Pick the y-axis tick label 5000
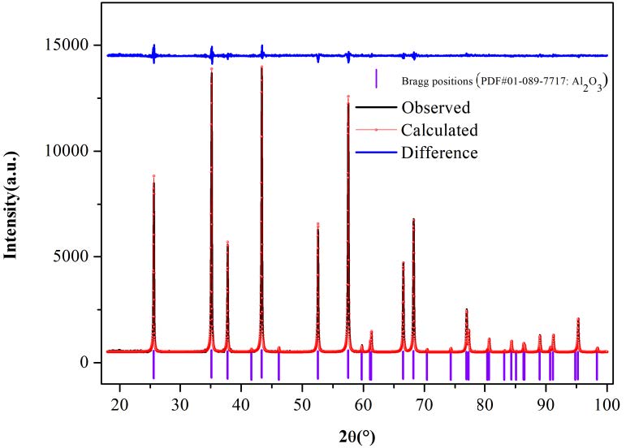click(76, 256)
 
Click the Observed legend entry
click(435, 107)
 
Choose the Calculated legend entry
click(439, 130)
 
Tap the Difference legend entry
click(439, 153)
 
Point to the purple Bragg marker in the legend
click(378, 78)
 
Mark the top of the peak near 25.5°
click(153, 176)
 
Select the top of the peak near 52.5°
click(317, 223)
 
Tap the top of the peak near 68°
click(413, 219)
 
